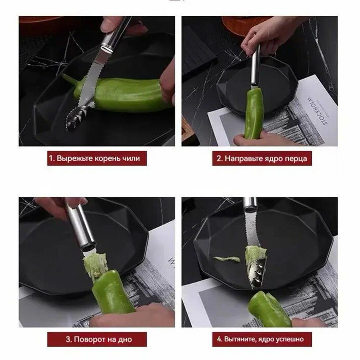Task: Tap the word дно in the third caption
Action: pyautogui.click(x=125, y=339)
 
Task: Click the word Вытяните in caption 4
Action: pyautogui.click(x=240, y=339)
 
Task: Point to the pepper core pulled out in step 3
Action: pyautogui.click(x=95, y=264)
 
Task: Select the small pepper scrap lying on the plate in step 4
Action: pyautogui.click(x=227, y=259)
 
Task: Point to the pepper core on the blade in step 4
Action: pyautogui.click(x=255, y=255)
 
